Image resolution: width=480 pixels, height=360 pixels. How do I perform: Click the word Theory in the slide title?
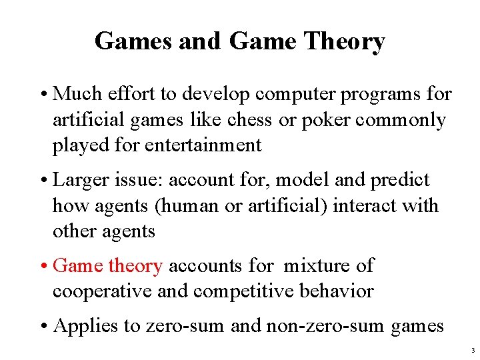(x=345, y=41)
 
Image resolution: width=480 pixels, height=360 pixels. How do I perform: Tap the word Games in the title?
(x=133, y=41)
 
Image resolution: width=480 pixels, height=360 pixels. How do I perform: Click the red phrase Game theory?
(x=107, y=266)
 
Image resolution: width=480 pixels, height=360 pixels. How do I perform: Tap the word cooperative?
(x=101, y=291)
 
